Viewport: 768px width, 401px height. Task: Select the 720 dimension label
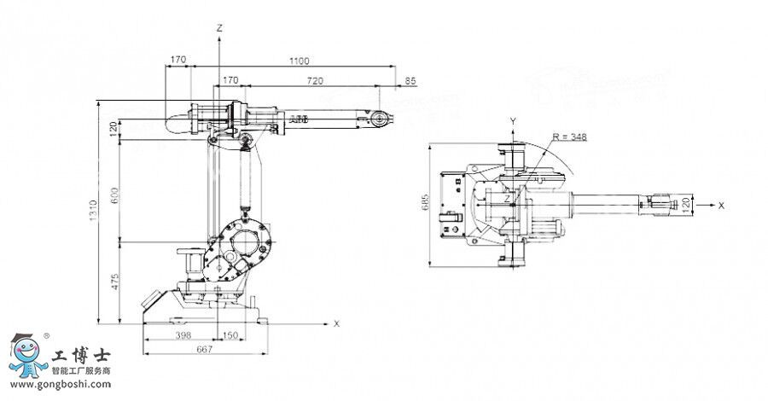click(316, 80)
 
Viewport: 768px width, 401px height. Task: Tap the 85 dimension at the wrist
click(410, 80)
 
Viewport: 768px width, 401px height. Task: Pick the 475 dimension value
click(113, 283)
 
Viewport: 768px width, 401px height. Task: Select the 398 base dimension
click(182, 336)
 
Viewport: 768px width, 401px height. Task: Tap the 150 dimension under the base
click(230, 336)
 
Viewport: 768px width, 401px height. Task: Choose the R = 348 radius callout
click(569, 136)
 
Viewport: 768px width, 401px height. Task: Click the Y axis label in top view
click(512, 120)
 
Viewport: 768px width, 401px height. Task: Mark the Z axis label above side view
click(219, 28)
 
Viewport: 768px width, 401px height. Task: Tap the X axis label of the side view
click(336, 323)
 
